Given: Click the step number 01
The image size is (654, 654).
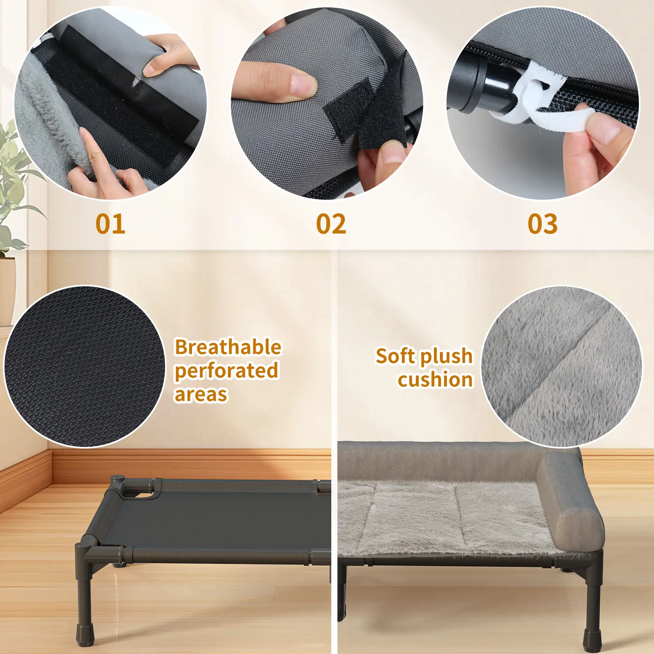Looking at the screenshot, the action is click(x=110, y=224).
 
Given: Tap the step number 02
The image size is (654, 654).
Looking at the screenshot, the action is click(x=331, y=224).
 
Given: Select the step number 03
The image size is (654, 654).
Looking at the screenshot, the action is click(x=542, y=224).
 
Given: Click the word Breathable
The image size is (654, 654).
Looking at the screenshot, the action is click(x=228, y=347).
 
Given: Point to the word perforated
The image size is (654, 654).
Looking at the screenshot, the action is click(x=227, y=371).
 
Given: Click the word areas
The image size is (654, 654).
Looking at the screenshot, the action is click(x=201, y=395).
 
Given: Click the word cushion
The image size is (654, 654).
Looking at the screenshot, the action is click(x=435, y=380).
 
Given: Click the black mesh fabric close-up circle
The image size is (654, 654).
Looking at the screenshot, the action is click(x=85, y=366).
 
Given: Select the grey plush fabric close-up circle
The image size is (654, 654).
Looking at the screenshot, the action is click(x=562, y=366).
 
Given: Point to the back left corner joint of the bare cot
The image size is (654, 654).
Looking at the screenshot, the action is click(x=118, y=484).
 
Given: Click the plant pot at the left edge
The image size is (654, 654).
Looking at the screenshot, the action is click(x=7, y=290).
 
